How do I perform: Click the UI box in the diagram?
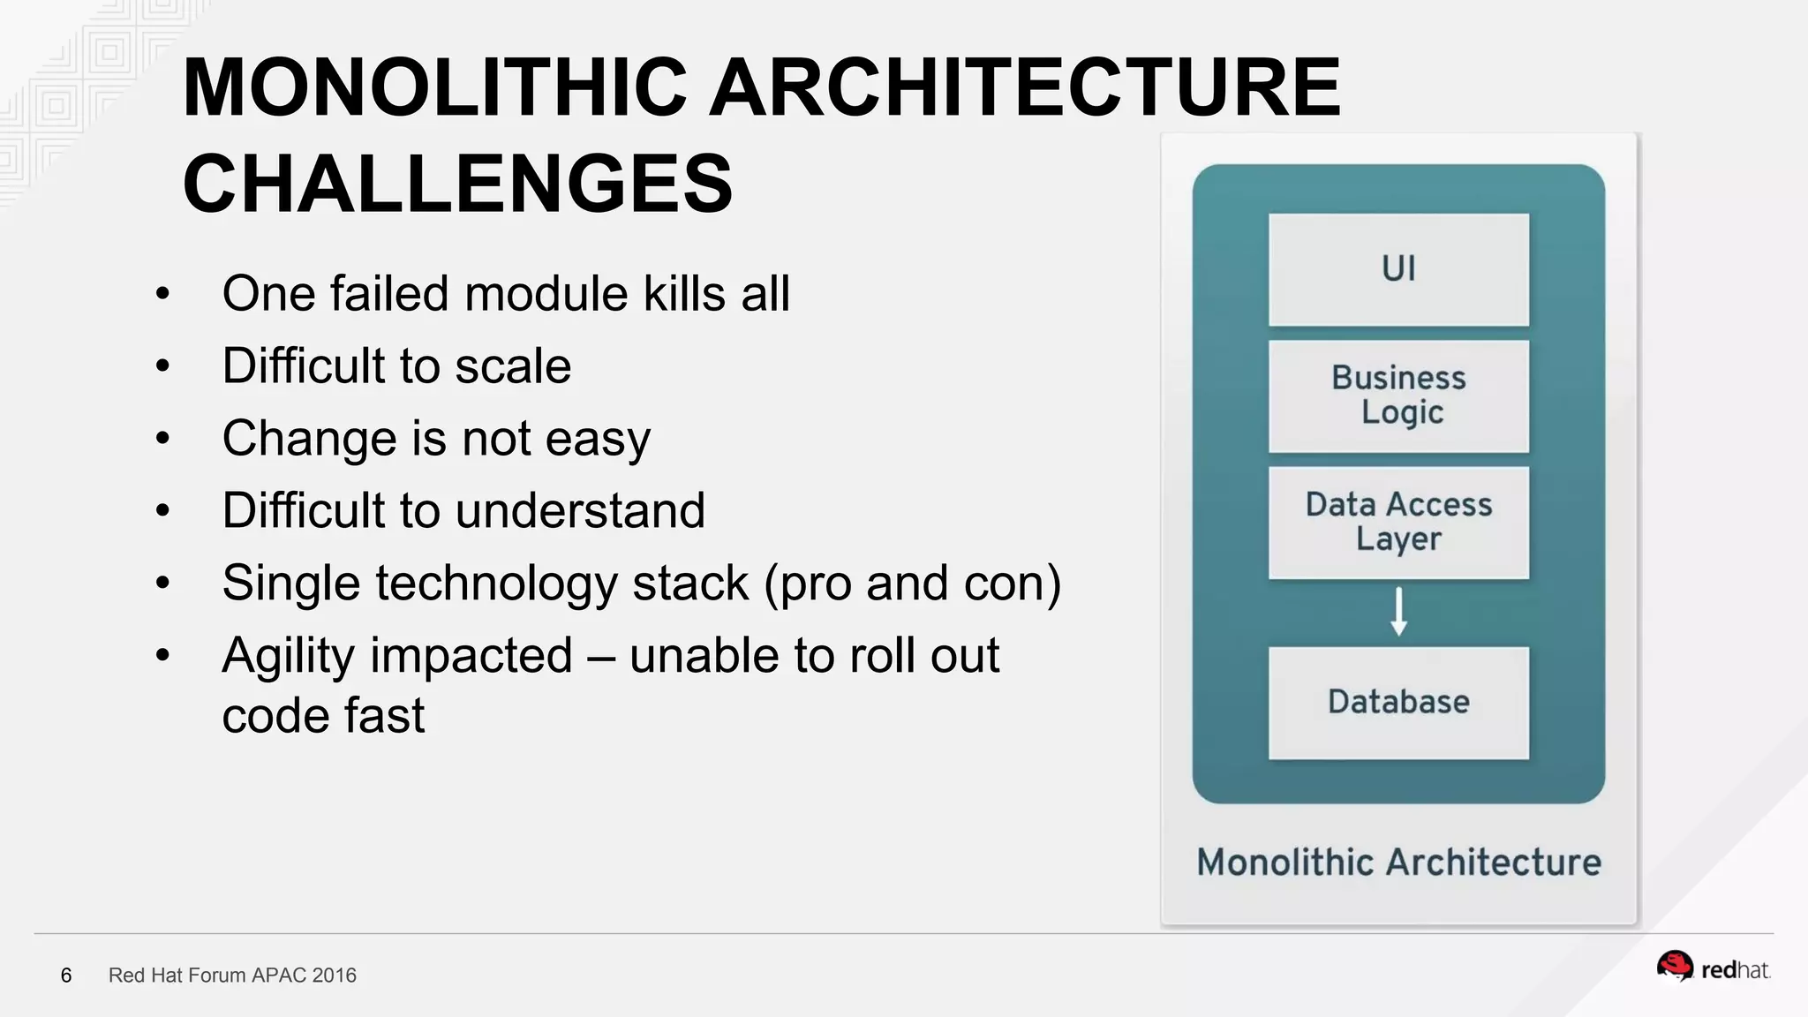point(1398,269)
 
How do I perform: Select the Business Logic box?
point(1398,395)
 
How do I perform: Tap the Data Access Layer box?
point(1398,522)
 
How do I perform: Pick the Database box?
point(1398,703)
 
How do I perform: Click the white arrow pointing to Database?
point(1398,612)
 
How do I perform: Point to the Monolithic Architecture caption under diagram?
point(1398,863)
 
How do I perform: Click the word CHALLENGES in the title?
point(457,184)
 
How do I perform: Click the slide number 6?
point(66,976)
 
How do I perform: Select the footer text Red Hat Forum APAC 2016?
point(232,976)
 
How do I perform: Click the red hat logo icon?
point(1674,967)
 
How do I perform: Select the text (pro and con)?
point(913,584)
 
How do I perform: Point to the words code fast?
point(323,716)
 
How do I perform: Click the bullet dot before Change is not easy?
point(162,439)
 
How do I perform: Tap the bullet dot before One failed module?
point(162,294)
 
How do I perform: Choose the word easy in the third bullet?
point(598,439)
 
